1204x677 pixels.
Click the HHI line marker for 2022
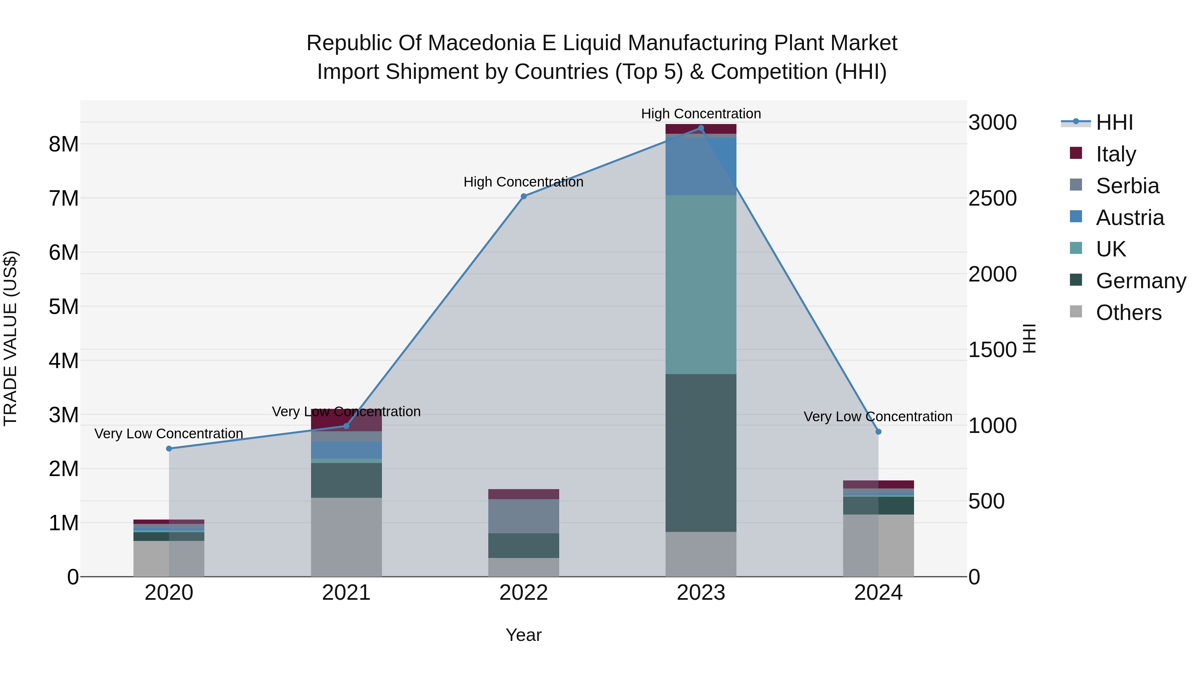tap(523, 196)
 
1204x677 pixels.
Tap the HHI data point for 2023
tap(701, 128)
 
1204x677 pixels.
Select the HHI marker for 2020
tap(169, 449)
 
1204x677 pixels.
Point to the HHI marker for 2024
tap(878, 432)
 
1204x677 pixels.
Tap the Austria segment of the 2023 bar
tap(701, 166)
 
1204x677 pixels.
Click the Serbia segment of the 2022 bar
tap(523, 516)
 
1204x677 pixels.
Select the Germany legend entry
tap(1140, 281)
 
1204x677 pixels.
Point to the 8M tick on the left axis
tap(64, 144)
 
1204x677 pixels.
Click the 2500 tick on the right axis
tap(992, 198)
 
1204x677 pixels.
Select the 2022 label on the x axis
tap(523, 592)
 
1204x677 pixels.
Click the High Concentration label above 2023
tap(701, 114)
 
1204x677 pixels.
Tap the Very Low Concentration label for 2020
tap(169, 434)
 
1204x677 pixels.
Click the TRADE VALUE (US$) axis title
tap(10, 338)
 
